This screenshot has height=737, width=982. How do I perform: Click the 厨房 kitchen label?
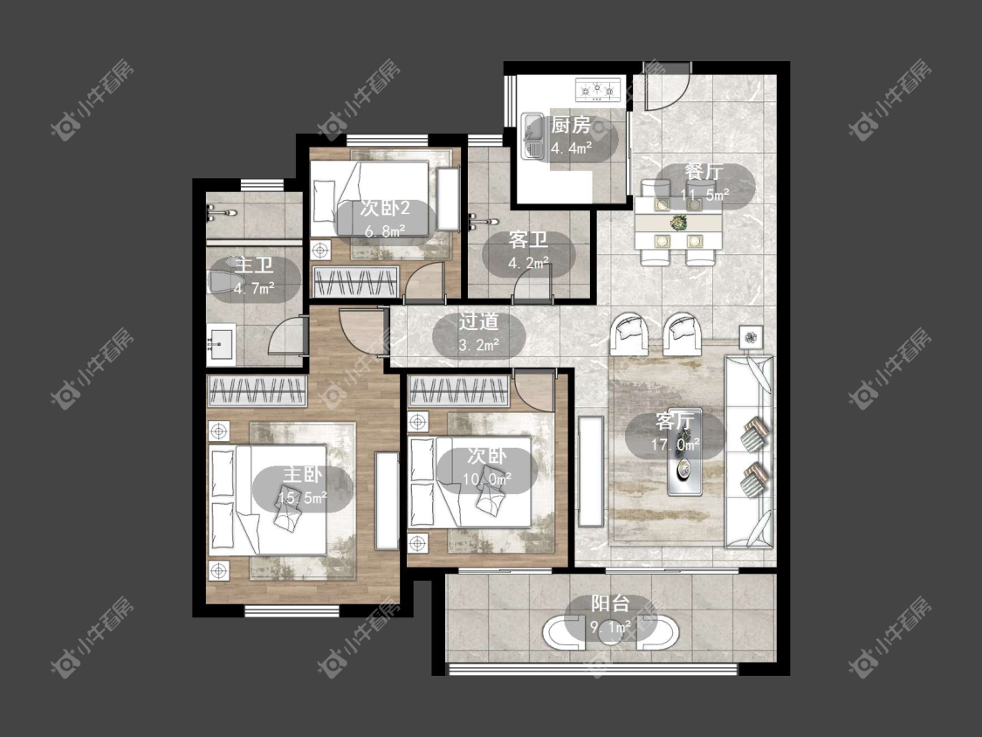(x=571, y=126)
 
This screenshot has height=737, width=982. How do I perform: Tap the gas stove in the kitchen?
(x=599, y=89)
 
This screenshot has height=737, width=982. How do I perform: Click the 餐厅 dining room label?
(x=704, y=172)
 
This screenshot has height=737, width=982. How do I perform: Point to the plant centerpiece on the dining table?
(x=678, y=222)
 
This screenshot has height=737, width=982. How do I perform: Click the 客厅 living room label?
(x=675, y=421)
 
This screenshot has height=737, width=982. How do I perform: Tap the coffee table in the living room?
(x=683, y=469)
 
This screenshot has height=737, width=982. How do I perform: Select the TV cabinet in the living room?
(x=590, y=471)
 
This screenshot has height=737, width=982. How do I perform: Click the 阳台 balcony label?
(x=611, y=603)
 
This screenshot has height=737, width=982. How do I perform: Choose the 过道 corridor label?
(x=478, y=322)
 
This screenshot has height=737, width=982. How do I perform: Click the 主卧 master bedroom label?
(x=303, y=474)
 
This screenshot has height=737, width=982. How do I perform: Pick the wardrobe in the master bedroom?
(x=257, y=391)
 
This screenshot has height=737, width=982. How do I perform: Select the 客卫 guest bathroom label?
(x=528, y=240)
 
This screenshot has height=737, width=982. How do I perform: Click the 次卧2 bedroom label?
(x=385, y=209)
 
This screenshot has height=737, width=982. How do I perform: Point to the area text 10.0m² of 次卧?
(x=487, y=479)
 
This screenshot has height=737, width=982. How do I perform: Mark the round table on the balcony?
(x=610, y=634)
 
